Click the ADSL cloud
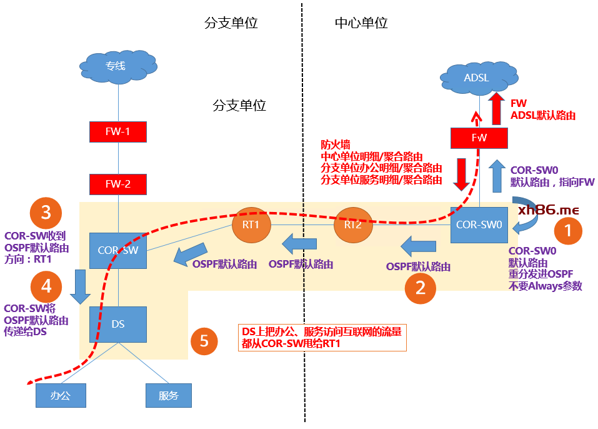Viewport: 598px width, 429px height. click(477, 78)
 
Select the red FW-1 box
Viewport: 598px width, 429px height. click(118, 132)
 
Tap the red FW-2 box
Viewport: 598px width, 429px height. click(118, 184)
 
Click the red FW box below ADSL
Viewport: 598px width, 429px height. click(479, 137)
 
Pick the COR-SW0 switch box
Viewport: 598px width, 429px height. click(479, 224)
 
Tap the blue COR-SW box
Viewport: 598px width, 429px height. click(117, 250)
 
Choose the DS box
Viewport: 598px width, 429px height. click(118, 324)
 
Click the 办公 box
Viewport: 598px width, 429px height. click(60, 395)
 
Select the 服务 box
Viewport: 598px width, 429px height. click(169, 395)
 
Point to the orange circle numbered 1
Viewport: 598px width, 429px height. click(567, 230)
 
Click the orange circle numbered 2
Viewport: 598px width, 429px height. click(421, 288)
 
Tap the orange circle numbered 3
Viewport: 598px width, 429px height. click(46, 212)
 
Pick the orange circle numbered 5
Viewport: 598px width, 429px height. click(204, 341)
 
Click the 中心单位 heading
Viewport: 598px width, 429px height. click(361, 23)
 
